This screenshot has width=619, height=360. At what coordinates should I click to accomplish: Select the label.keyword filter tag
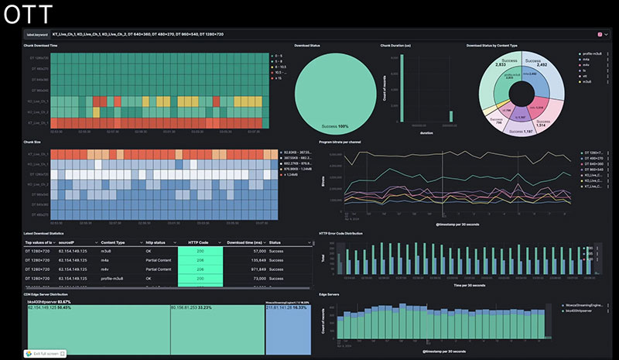point(36,34)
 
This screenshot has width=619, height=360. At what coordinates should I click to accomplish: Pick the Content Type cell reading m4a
point(108,260)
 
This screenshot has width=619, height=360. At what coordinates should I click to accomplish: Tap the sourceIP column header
point(71,243)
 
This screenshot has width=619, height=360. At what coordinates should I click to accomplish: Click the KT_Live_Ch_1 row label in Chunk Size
point(37,155)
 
